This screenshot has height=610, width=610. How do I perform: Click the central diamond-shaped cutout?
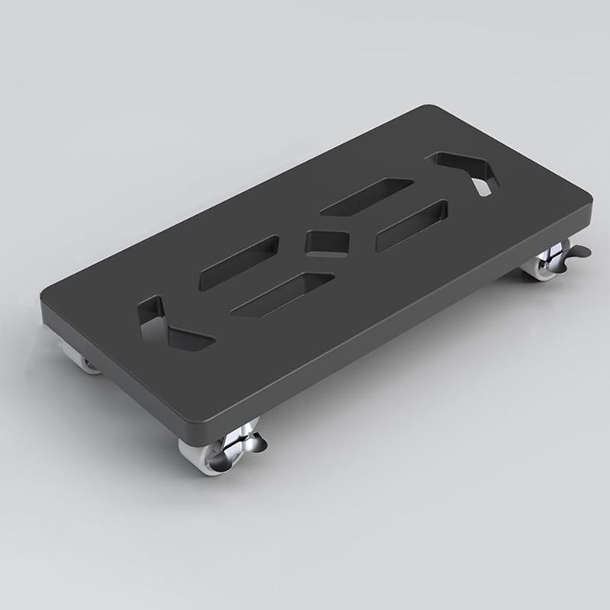pyautogui.click(x=326, y=241)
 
